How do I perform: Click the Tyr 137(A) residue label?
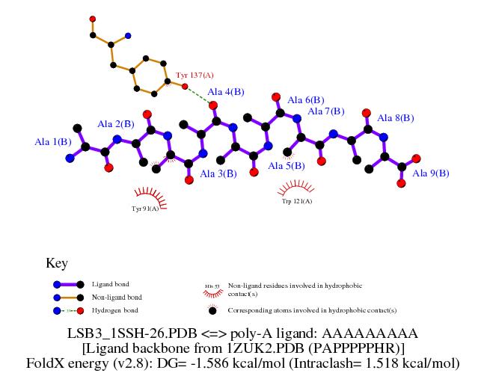[x=195, y=76]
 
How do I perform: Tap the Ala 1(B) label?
[x=53, y=141]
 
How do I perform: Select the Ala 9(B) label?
[x=431, y=173]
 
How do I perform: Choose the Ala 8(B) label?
[x=396, y=118]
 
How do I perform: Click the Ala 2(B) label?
[x=116, y=123]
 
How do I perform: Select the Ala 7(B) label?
[x=326, y=111]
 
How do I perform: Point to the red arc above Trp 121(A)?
[x=296, y=187]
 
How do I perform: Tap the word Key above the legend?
[x=57, y=263]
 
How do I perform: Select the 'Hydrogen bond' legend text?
[x=115, y=309]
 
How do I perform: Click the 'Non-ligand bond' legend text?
[x=117, y=297]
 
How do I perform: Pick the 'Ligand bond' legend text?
[x=110, y=284]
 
